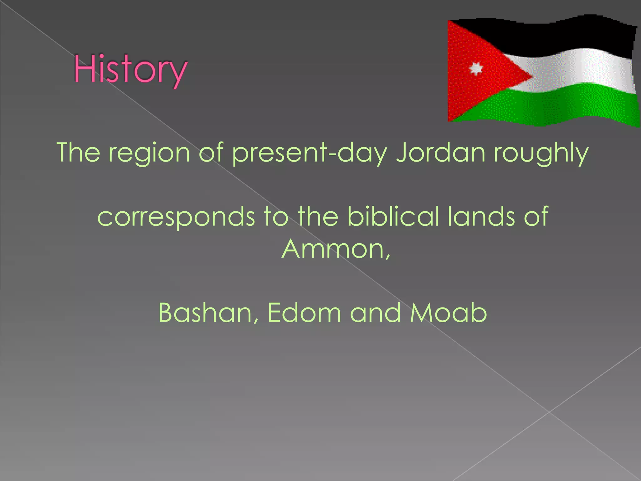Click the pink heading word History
[130, 70]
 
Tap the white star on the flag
[476, 69]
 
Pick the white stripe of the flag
[579, 70]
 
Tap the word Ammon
[333, 249]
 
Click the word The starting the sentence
[79, 153]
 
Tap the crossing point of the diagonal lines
[549, 412]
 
